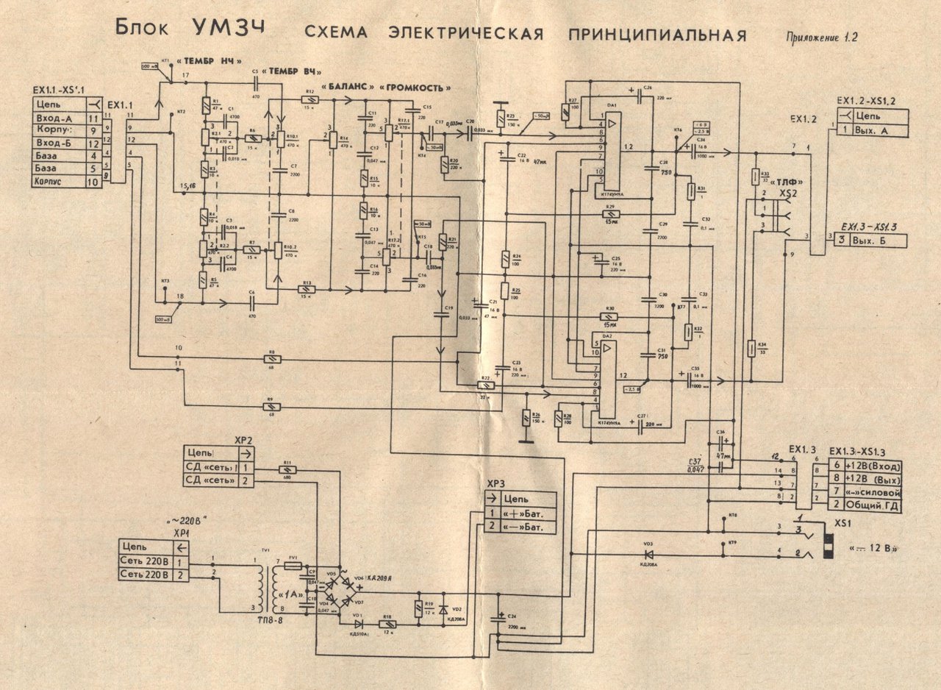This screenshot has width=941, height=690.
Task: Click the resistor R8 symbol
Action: pyautogui.click(x=271, y=360)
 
